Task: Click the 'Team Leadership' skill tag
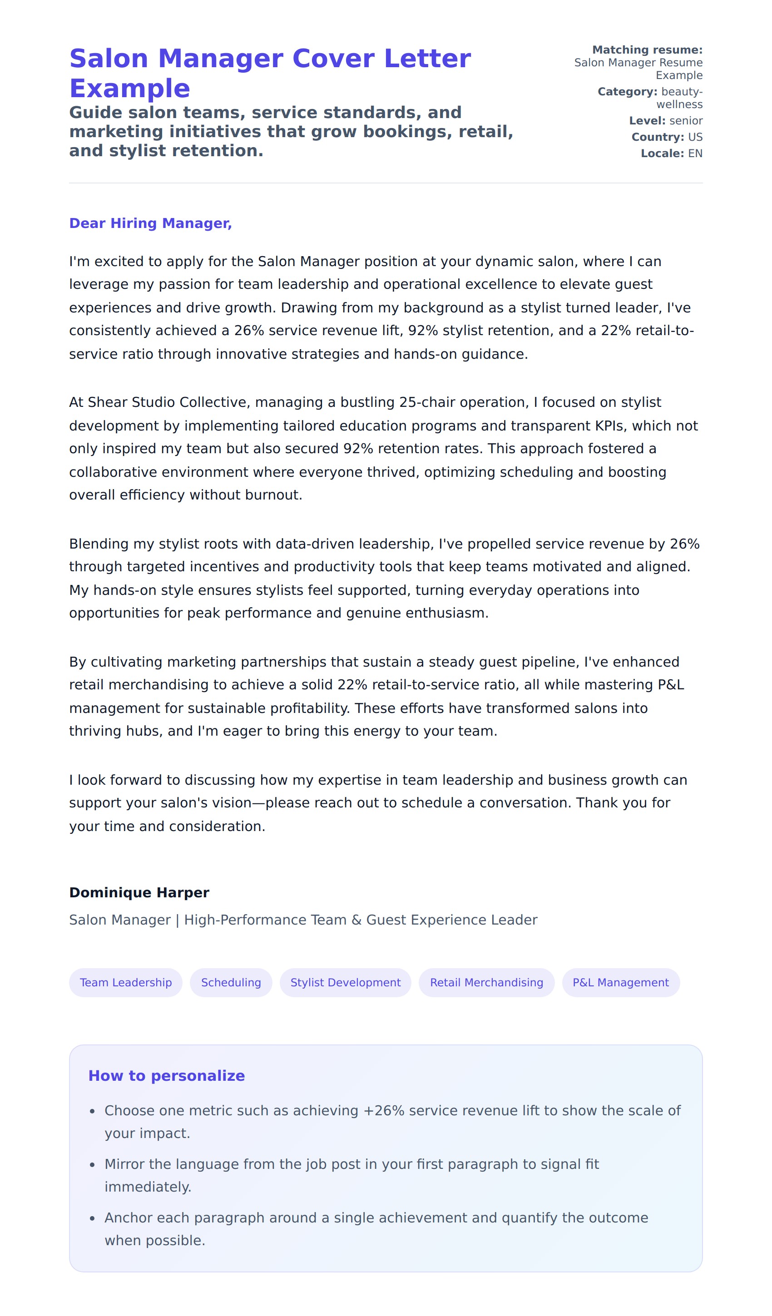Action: click(125, 982)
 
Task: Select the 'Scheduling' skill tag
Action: click(231, 982)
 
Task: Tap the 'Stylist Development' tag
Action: click(345, 982)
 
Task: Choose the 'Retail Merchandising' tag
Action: click(486, 982)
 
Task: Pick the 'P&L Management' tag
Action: click(620, 982)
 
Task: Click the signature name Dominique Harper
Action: click(139, 892)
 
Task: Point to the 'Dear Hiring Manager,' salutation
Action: click(150, 223)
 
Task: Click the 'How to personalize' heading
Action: click(166, 1076)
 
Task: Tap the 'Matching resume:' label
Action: click(647, 49)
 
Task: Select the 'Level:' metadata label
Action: click(647, 121)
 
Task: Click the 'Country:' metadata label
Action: click(658, 137)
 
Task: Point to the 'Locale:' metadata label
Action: click(662, 153)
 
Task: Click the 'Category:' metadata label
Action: click(627, 91)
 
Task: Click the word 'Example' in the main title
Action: click(129, 88)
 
